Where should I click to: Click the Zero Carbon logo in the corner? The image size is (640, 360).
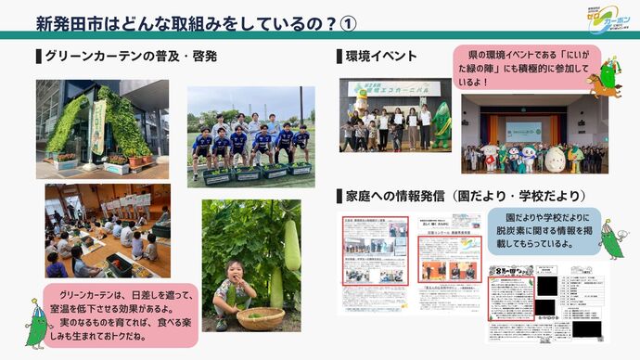pyautogui.click(x=610, y=19)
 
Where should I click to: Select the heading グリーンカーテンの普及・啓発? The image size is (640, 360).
pyautogui.click(x=130, y=57)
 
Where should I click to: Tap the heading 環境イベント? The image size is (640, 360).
pyautogui.click(x=380, y=57)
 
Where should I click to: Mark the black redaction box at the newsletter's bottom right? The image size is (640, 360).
pyautogui.click(x=586, y=328)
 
